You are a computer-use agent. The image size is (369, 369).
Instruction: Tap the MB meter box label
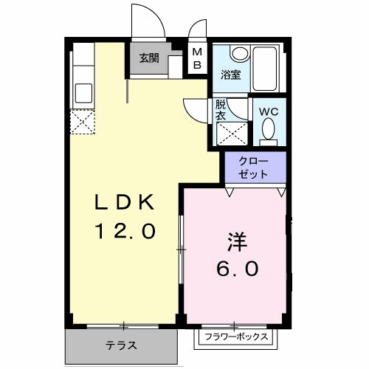(197, 58)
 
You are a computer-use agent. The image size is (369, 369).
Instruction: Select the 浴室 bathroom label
(230, 75)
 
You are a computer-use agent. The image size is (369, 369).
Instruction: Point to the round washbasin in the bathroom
(238, 54)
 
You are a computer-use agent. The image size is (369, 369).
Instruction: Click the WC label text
(269, 112)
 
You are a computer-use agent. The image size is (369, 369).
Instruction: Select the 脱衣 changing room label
(221, 111)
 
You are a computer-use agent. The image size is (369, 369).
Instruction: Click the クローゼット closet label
(254, 168)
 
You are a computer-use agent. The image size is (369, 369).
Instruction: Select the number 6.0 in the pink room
(236, 269)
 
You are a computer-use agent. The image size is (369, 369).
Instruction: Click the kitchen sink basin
(83, 94)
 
